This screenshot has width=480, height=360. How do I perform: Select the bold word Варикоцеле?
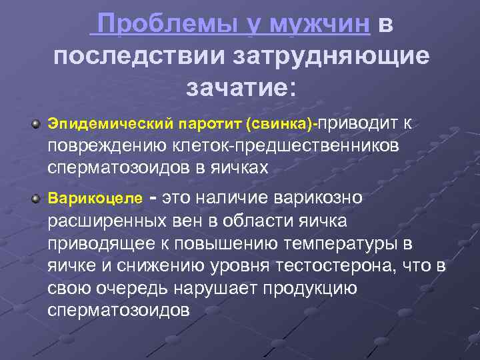(x=85, y=199)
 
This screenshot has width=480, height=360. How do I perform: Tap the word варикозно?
(x=319, y=198)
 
